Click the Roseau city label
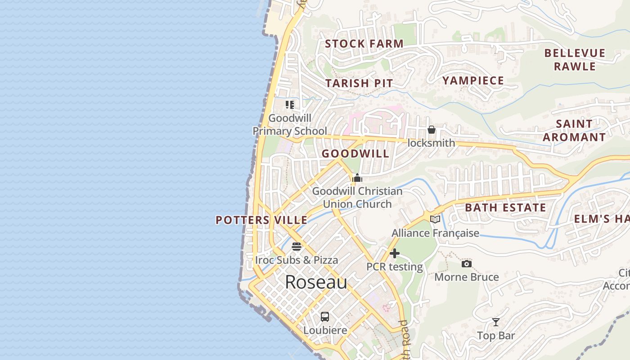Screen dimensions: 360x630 click(316, 282)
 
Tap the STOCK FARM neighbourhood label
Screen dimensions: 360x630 click(364, 44)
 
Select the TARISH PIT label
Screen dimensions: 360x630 click(359, 83)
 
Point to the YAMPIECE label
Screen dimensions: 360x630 click(473, 81)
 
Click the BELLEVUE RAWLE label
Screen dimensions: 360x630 click(575, 59)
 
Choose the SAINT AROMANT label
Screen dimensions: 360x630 click(574, 130)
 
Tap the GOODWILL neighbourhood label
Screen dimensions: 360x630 click(355, 153)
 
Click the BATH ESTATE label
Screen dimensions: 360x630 click(505, 207)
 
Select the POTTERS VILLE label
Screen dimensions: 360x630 click(261, 220)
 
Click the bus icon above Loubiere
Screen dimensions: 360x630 click(325, 317)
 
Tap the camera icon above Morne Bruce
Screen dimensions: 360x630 click(467, 264)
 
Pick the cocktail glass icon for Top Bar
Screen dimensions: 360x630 click(496, 322)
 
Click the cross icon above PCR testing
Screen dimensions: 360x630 click(395, 253)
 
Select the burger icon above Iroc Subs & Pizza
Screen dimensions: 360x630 click(296, 247)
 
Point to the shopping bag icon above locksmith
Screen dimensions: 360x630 click(431, 130)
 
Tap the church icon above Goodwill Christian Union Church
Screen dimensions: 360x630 click(357, 178)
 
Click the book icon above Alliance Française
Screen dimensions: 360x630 click(435, 220)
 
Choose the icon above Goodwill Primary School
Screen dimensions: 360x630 click(290, 105)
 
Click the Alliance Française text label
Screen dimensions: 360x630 click(435, 233)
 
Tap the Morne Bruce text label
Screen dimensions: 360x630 click(467, 277)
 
